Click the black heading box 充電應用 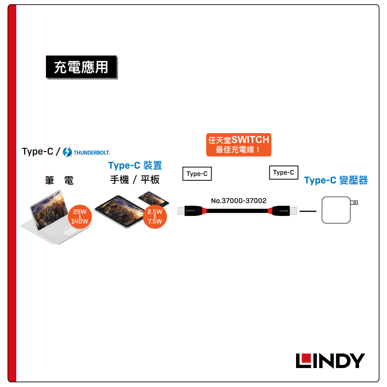coord(81,67)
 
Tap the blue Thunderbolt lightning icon coord(67,152)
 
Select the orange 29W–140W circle coord(79,217)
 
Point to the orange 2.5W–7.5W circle coord(154,217)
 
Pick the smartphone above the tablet coord(154,199)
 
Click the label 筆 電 coord(59,180)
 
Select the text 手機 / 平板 coord(135,180)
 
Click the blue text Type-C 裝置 coord(135,166)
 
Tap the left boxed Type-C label coord(197,174)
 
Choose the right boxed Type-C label coord(284,173)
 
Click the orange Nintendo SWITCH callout coord(238,144)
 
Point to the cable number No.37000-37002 coord(239,201)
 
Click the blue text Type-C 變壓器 coord(336,180)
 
